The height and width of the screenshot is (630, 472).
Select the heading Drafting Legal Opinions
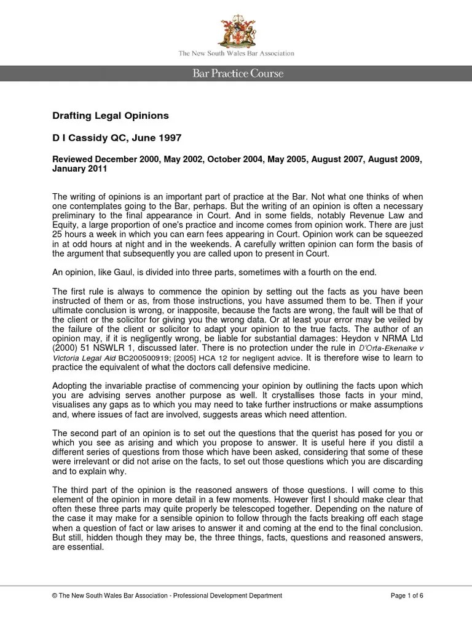click(x=110, y=115)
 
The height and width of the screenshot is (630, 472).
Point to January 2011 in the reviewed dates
click(x=80, y=168)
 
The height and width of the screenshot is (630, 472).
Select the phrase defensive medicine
click(x=276, y=368)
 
